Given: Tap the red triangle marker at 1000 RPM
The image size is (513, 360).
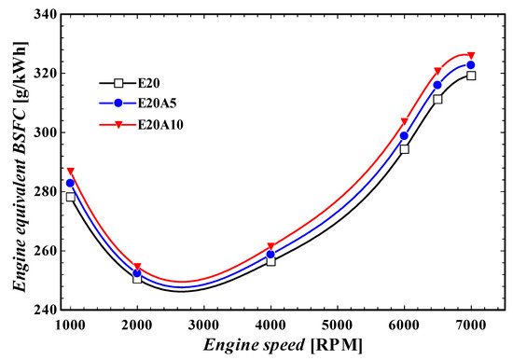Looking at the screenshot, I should pos(70,172).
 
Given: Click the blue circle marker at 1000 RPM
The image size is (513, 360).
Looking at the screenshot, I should pos(70,183).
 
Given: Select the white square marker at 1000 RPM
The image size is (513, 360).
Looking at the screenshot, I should pos(70,197).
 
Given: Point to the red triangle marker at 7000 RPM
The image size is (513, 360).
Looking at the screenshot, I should pos(471,55).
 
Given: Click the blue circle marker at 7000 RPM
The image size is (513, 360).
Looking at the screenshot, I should pos(471,65).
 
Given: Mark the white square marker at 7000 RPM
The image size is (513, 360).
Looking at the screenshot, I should pos(471,76).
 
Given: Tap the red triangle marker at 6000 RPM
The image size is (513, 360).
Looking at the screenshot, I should pos(405,121).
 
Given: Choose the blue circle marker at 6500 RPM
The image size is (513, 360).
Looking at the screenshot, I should pos(437,85).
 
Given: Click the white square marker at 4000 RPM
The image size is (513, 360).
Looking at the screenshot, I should pos(270,261).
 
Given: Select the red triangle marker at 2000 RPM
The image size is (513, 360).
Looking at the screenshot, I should pos(137,267).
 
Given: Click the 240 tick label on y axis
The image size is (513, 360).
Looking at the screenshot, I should pos(45,310).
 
